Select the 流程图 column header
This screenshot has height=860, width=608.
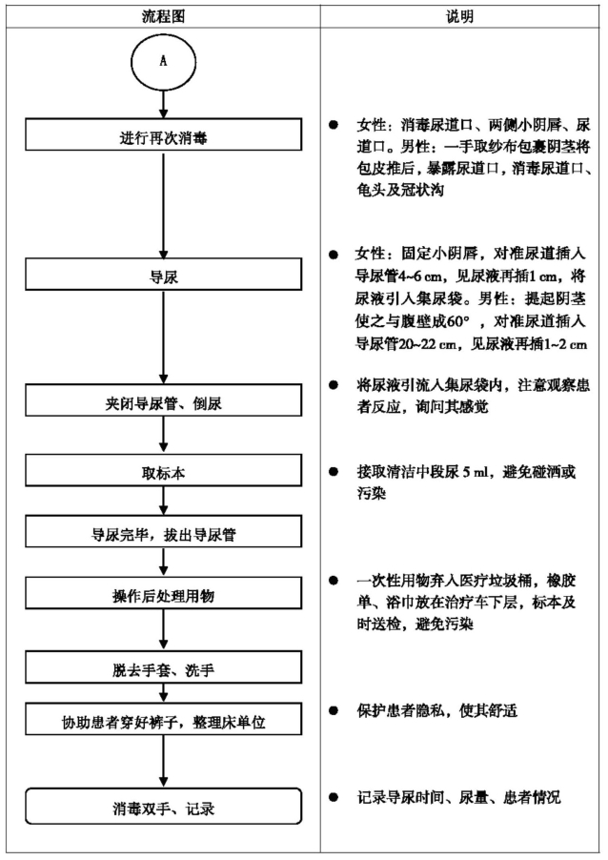point(163,16)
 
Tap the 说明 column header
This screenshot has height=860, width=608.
point(459,16)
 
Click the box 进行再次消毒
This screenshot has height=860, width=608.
point(163,134)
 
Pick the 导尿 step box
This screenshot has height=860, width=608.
point(163,275)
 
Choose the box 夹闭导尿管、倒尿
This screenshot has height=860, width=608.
point(163,399)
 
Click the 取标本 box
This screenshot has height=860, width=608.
point(163,471)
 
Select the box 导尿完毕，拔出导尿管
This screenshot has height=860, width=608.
point(163,531)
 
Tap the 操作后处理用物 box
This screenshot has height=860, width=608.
point(163,593)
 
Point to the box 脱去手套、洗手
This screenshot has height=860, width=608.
point(163,667)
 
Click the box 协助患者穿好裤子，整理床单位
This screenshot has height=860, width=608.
point(163,719)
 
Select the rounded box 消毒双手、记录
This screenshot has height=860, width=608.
point(163,806)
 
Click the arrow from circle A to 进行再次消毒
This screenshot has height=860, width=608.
point(163,104)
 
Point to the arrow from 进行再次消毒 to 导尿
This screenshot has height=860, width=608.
point(163,205)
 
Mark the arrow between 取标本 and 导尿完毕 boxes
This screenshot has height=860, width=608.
point(163,501)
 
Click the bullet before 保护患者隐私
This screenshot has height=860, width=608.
point(334,710)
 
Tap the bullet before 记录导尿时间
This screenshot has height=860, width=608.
point(334,797)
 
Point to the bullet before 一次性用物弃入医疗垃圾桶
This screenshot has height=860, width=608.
point(334,581)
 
